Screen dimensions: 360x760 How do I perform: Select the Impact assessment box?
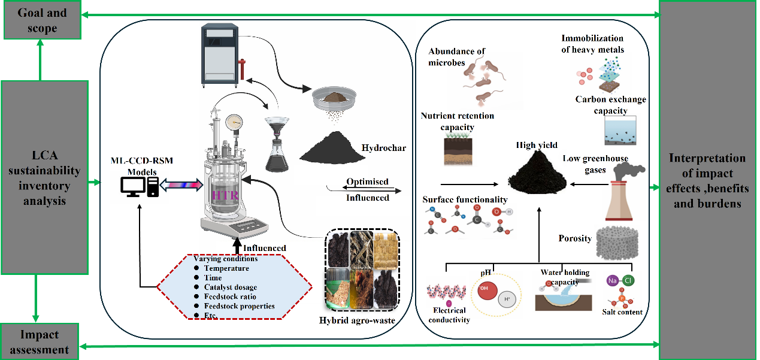[x=40, y=342]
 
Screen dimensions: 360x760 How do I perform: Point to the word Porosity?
[x=575, y=238]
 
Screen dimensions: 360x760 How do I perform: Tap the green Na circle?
[x=612, y=280]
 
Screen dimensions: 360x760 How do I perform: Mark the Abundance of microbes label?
[x=456, y=56]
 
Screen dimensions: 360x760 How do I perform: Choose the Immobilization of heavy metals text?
[x=592, y=44]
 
